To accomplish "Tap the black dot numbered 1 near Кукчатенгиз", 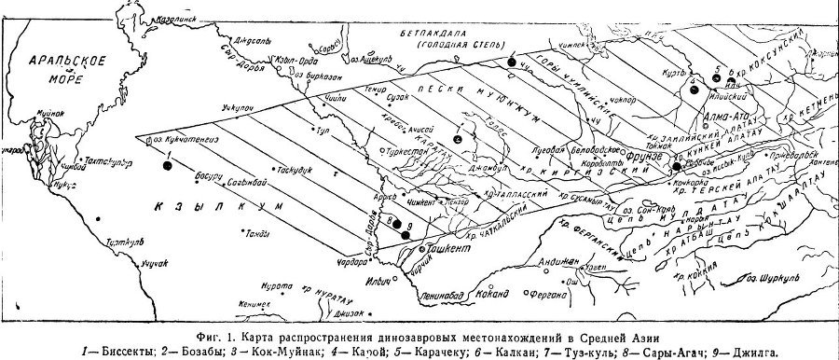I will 167,165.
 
